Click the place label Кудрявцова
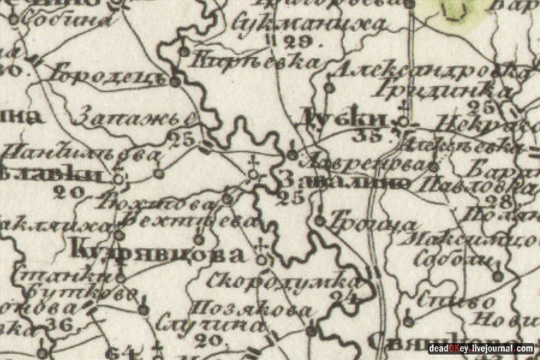coord(158,254)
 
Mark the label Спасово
coord(448,299)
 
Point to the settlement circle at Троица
coord(320,221)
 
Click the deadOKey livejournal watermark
coord(480,349)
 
